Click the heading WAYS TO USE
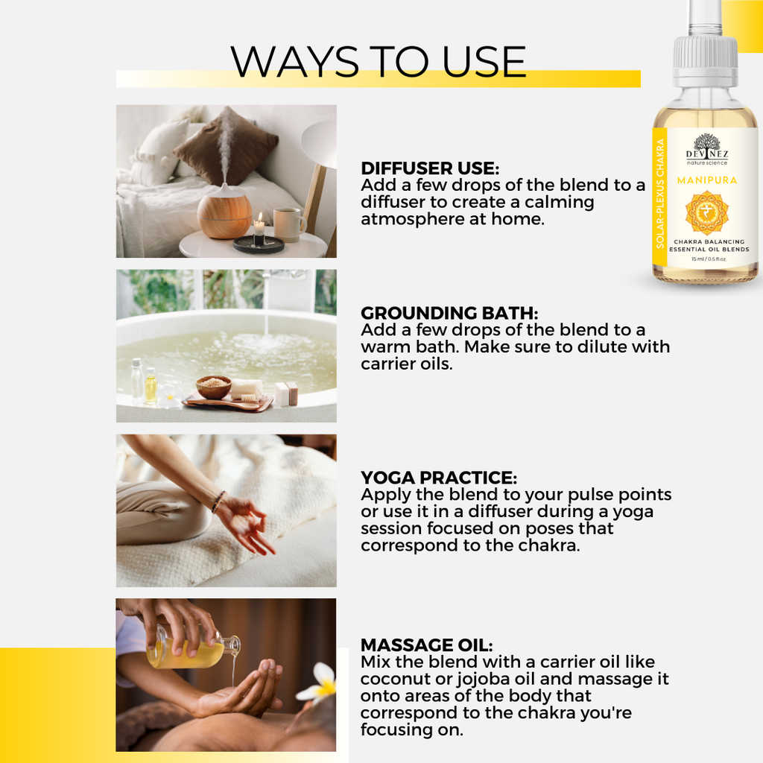click(x=378, y=62)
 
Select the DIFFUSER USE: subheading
click(x=430, y=168)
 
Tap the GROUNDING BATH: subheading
click(x=449, y=313)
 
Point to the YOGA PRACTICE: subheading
click(x=438, y=478)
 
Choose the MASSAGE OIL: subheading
click(x=426, y=645)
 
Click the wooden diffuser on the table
click(x=224, y=211)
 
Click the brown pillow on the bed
click(x=226, y=146)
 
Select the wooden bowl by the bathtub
click(x=213, y=387)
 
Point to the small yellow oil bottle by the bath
click(x=151, y=387)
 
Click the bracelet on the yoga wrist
click(x=218, y=501)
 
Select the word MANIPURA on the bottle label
click(x=706, y=180)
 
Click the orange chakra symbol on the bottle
click(x=706, y=212)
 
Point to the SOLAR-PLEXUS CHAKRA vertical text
click(x=660, y=194)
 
